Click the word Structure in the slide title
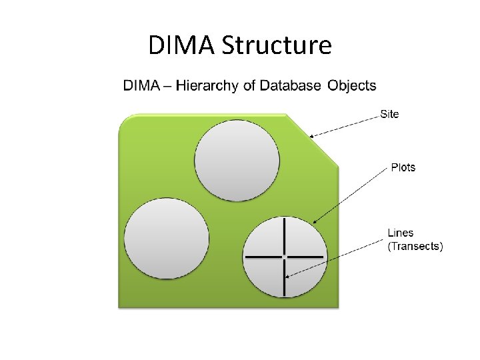tap(276, 46)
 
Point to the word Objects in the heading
tap(352, 85)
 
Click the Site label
tap(389, 114)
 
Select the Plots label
tap(403, 167)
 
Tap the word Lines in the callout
tap(401, 233)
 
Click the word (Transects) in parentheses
tap(415, 246)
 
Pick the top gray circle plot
tap(237, 160)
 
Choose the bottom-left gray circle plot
tap(167, 239)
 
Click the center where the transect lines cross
tap(285, 257)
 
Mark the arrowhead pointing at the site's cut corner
tap(311, 137)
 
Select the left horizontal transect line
tap(263, 257)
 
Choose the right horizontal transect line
tap(306, 257)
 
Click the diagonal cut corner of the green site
tap(313, 140)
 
